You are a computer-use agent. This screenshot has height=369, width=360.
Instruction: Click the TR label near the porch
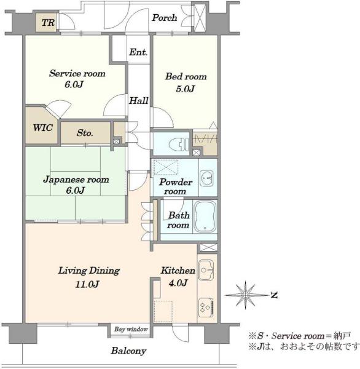(48, 23)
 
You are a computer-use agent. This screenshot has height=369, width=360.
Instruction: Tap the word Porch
(165, 18)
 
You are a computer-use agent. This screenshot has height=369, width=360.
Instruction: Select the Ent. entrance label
(138, 52)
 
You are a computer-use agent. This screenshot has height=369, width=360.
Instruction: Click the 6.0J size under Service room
(74, 84)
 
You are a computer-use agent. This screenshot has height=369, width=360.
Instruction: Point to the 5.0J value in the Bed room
(186, 89)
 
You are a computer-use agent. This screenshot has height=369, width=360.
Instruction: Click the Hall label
(138, 101)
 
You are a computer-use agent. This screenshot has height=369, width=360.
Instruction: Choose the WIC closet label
(42, 128)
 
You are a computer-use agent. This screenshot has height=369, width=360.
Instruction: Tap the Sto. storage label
(85, 133)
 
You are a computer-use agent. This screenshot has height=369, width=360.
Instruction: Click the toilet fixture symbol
(179, 144)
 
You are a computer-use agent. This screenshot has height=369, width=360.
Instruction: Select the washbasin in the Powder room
(206, 178)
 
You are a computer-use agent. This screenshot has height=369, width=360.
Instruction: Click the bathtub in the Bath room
(205, 216)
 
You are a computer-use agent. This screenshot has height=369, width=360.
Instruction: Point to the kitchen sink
(206, 270)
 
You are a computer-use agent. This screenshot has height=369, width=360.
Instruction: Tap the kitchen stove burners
(206, 307)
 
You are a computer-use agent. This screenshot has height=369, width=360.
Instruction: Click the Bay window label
(131, 329)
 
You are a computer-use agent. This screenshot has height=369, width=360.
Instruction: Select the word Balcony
(128, 351)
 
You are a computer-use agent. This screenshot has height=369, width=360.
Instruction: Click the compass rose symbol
(246, 295)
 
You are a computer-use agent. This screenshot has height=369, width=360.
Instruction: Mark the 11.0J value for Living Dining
(87, 284)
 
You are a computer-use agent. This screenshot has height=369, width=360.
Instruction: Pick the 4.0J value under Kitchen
(178, 282)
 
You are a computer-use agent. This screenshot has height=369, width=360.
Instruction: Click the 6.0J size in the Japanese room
(75, 190)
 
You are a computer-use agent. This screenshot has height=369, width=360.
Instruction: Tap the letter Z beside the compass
(274, 295)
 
